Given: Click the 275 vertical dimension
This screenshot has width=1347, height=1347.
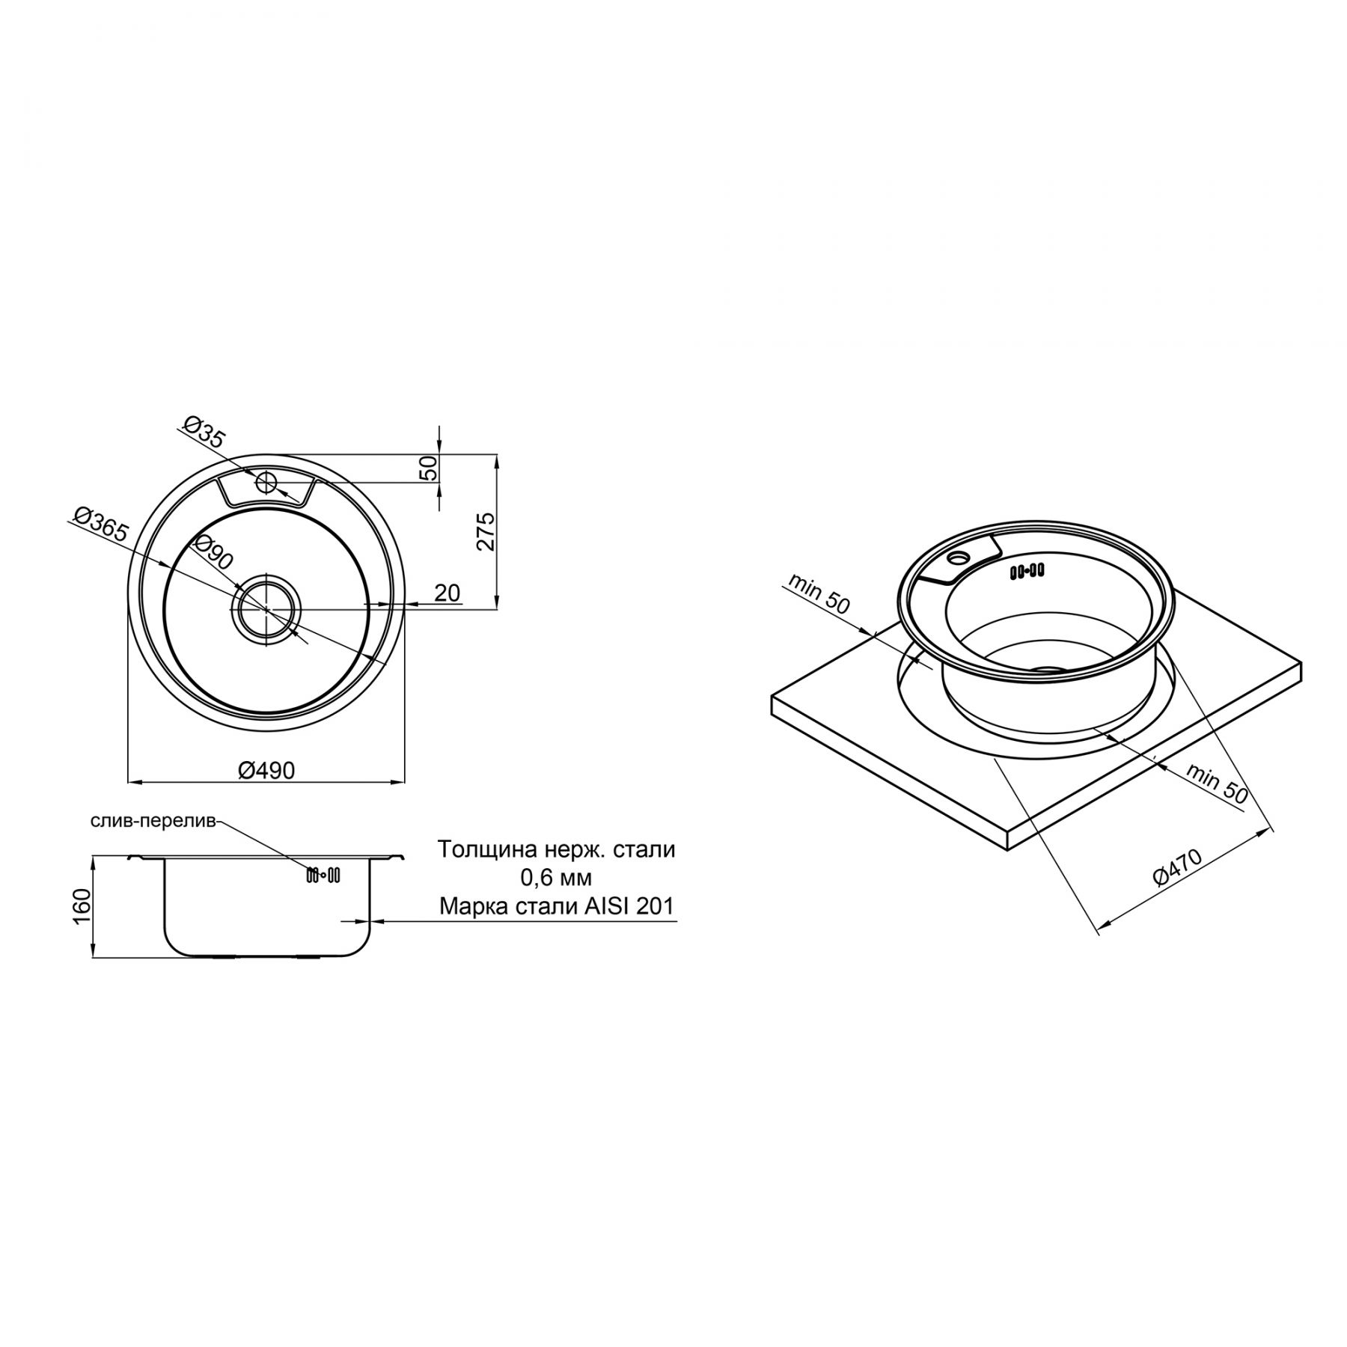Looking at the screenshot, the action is pos(486,531).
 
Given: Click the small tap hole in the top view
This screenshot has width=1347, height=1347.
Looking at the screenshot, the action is pos(266,482).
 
